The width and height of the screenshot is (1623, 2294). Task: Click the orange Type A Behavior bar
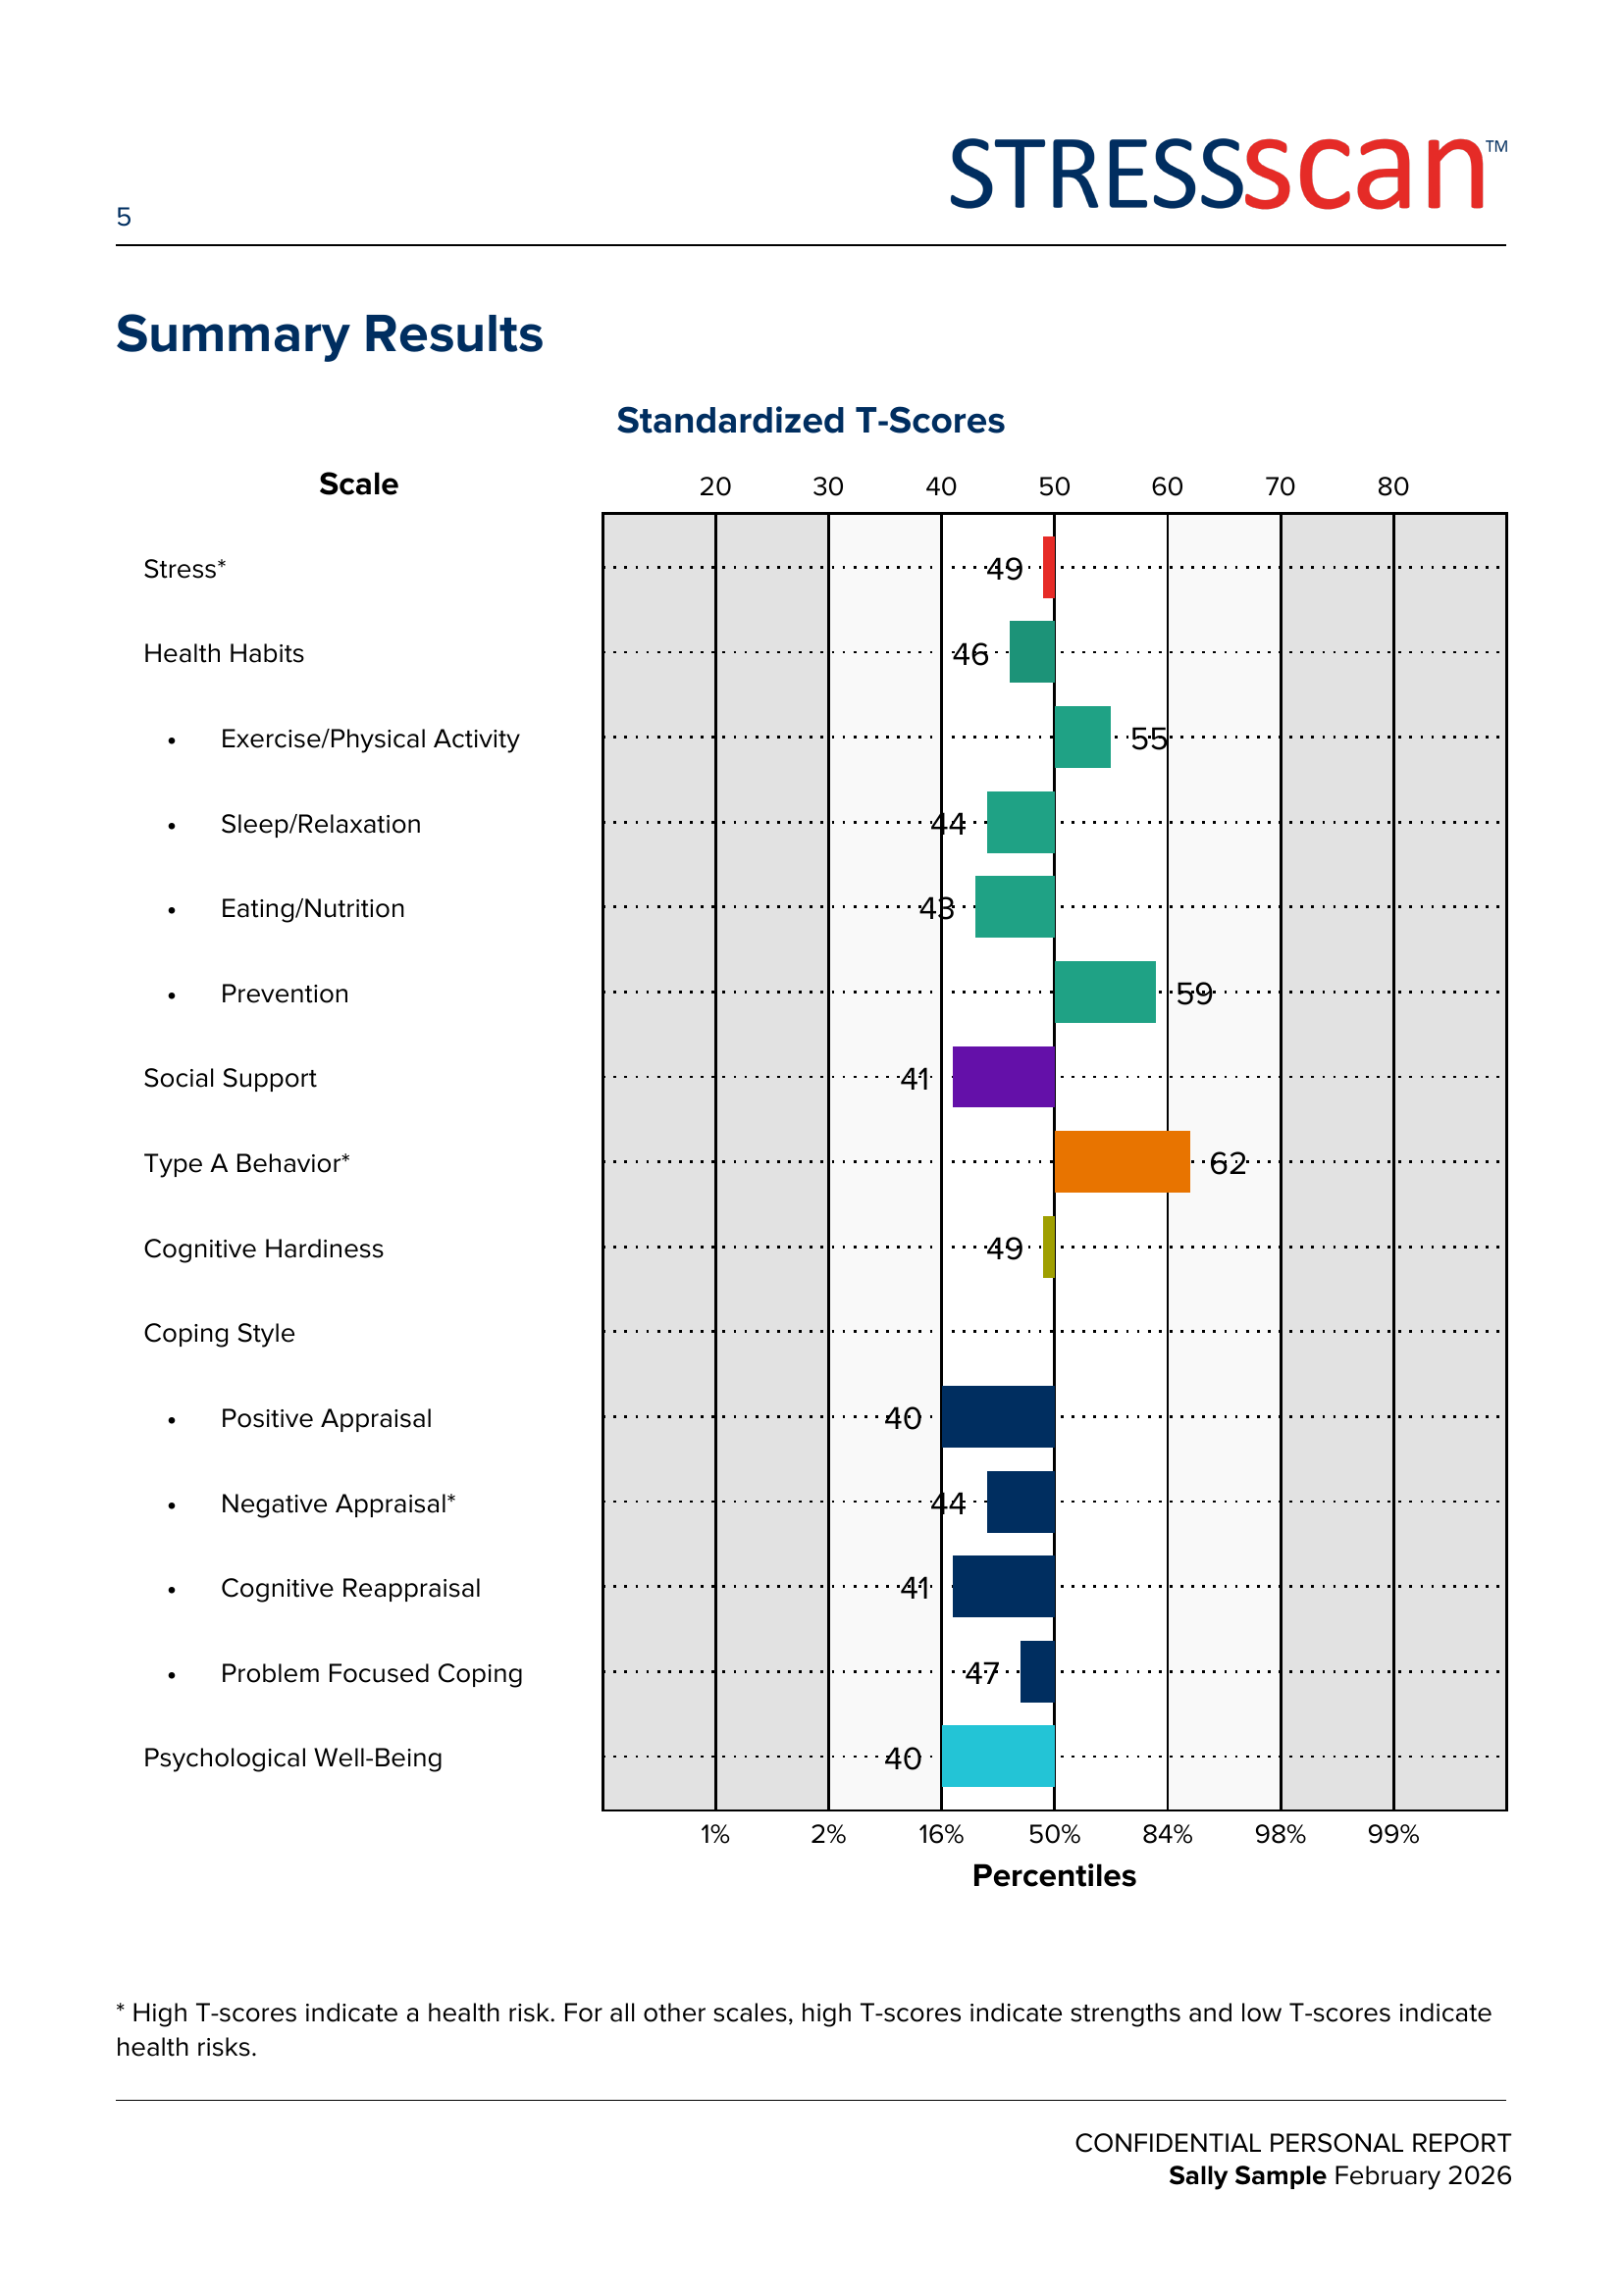point(1122,1161)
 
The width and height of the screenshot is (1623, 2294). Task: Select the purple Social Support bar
point(1003,1076)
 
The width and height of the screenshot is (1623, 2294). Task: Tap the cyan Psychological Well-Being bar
point(997,1756)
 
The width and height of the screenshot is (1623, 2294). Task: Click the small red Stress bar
point(1048,567)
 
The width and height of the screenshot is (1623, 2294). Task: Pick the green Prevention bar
point(1104,992)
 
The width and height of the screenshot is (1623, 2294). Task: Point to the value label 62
point(1228,1163)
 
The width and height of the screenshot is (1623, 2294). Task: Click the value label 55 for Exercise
point(1148,739)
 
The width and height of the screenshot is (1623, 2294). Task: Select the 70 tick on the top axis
point(1280,486)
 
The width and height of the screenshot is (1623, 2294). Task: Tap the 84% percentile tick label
point(1167,1834)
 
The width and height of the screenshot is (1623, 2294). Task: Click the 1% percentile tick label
point(714,1834)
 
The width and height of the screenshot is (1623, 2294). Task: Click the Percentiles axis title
point(1053,1875)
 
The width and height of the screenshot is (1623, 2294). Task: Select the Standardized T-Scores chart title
point(810,421)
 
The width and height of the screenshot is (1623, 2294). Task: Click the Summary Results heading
point(329,333)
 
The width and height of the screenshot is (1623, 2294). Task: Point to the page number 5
point(124,217)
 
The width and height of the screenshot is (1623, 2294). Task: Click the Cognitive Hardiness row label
point(263,1249)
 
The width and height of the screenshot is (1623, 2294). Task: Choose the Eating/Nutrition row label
point(312,908)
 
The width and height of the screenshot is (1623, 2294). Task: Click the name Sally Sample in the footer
point(1246,2175)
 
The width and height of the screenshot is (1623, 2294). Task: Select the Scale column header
point(358,484)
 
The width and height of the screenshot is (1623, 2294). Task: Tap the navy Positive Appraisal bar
point(997,1416)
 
